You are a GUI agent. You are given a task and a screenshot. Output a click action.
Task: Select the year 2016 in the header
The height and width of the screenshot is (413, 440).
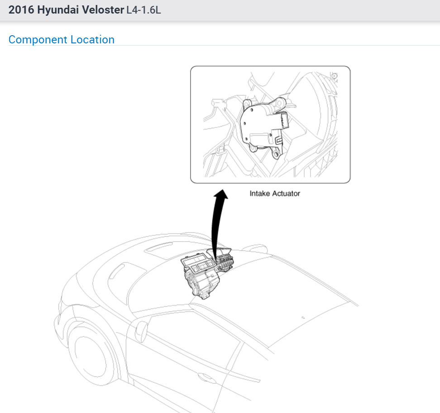20,10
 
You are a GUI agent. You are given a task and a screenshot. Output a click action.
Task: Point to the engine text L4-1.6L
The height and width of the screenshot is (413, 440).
143,10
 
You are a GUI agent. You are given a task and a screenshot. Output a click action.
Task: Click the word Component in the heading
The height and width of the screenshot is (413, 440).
38,40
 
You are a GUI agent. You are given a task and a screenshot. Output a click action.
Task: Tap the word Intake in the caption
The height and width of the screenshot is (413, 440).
259,193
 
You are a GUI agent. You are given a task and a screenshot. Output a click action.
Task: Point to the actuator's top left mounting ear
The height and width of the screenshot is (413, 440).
248,105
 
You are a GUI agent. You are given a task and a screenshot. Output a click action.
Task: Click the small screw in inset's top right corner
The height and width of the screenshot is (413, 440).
334,75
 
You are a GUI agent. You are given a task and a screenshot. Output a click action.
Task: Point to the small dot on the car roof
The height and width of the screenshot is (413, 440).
303,317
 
